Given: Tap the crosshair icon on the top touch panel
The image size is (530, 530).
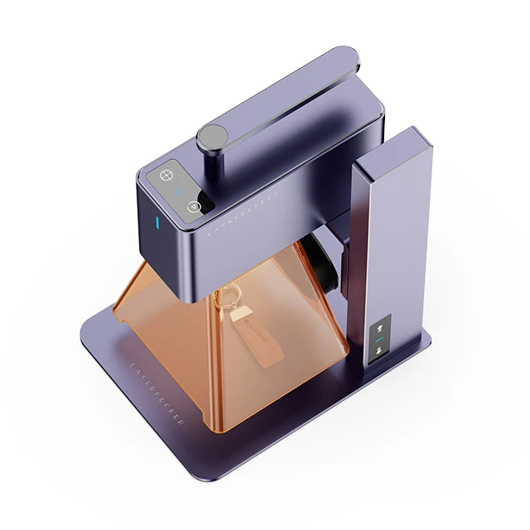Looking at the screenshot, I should click(164, 176).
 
